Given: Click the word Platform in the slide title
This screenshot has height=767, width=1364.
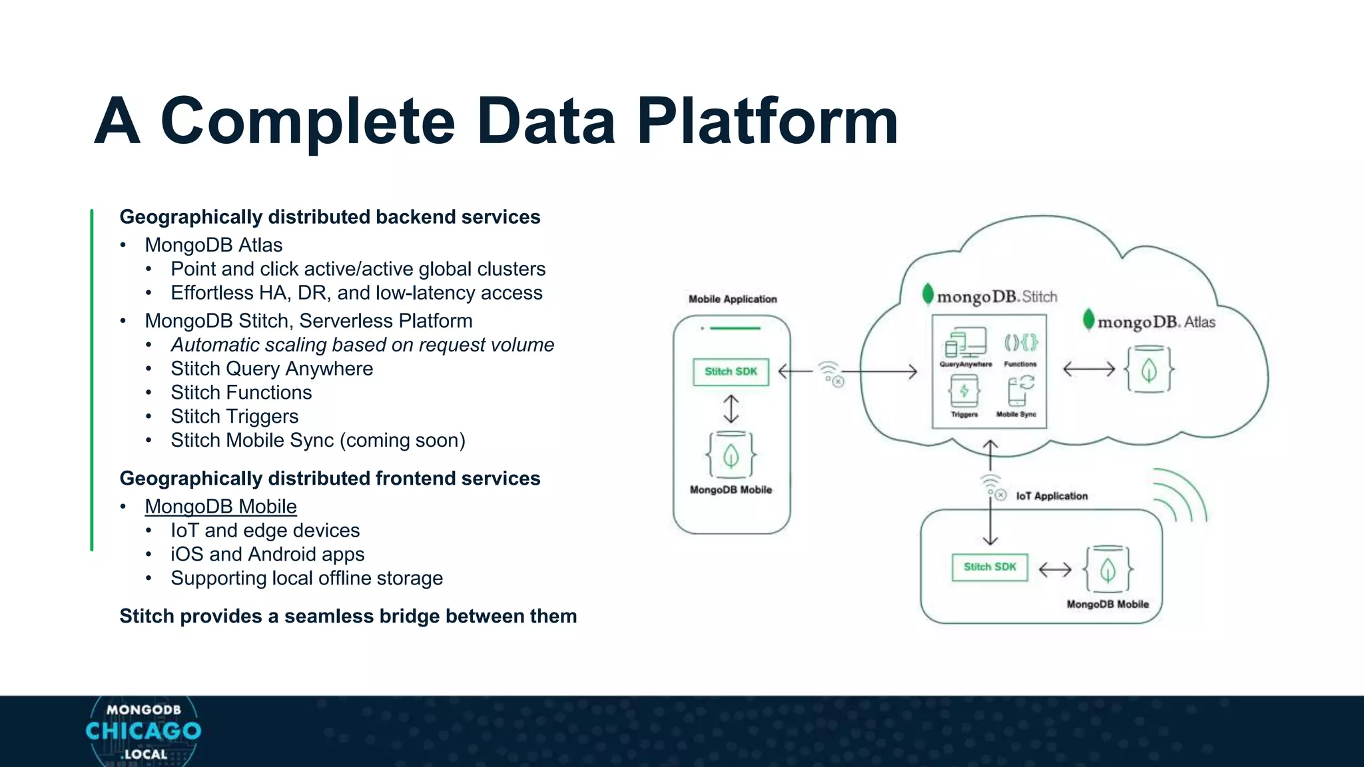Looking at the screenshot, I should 767,121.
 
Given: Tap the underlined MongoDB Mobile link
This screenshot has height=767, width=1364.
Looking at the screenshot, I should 220,507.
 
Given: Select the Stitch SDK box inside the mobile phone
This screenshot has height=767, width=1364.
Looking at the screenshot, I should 731,372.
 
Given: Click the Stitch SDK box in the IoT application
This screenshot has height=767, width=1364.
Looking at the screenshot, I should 990,567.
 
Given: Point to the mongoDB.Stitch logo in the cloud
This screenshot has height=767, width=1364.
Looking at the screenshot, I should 990,296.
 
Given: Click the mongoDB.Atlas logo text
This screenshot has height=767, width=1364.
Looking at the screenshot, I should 1150,322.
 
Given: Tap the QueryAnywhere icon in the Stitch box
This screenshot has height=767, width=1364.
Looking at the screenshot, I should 965,346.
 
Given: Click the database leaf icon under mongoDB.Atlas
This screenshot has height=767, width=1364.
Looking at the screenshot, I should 1149,370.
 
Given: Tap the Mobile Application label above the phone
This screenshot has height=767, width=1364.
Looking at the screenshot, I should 733,300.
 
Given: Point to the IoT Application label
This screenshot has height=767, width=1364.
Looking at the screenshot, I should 1052,496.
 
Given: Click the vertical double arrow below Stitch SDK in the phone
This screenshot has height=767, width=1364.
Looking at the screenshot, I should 731,409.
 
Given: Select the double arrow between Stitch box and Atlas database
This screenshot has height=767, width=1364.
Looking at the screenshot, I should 1088,369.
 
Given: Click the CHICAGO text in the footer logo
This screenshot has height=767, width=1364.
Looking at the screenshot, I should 143,731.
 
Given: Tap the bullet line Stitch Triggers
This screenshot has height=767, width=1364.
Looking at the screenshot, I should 234,417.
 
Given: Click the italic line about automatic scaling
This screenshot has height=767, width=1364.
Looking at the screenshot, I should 362,345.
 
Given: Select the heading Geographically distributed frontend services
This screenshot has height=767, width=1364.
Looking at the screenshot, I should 330,479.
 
